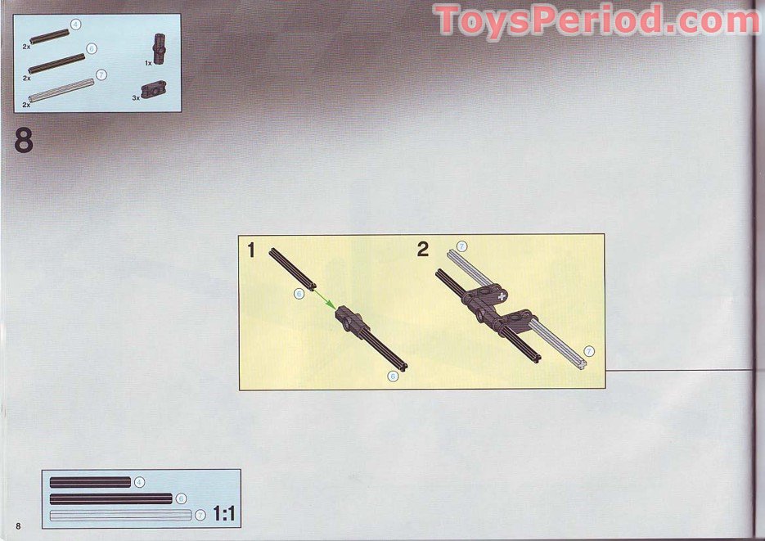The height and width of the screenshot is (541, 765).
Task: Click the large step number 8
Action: tap(24, 140)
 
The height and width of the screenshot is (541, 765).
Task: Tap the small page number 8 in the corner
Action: tap(19, 526)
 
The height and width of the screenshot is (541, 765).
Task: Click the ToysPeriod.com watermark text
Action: tap(596, 20)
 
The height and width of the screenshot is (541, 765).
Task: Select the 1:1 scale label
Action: tap(224, 514)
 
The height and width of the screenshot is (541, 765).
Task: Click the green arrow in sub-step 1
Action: tap(325, 298)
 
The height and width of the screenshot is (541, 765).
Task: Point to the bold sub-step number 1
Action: tap(251, 250)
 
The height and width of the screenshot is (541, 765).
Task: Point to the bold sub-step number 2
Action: tap(423, 250)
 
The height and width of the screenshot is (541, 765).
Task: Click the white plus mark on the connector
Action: tap(502, 295)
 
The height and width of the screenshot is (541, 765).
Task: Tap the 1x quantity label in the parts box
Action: tap(148, 63)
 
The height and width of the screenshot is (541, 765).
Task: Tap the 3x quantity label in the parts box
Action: tap(136, 98)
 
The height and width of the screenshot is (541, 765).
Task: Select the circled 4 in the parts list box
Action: tap(75, 24)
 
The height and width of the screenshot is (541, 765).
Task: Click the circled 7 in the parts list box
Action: tap(101, 74)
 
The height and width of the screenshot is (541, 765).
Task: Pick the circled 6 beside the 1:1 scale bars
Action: tap(181, 498)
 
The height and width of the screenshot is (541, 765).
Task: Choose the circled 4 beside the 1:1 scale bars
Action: tap(140, 482)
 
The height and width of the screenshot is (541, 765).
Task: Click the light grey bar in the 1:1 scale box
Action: tap(120, 515)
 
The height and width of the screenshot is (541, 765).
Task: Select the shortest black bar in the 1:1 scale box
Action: tap(90, 482)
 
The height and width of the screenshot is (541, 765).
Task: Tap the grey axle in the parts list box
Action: tap(61, 90)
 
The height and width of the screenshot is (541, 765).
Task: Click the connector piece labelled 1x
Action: tap(160, 48)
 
